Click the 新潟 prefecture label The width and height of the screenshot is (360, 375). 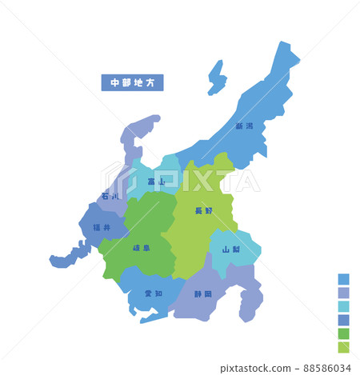244,126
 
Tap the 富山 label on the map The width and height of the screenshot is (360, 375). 156,182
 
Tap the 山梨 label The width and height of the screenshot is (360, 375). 230,249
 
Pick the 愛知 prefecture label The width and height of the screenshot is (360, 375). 153,293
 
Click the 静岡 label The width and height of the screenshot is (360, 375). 203,294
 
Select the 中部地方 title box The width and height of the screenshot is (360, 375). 132,82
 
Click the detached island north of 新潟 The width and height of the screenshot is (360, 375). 216,78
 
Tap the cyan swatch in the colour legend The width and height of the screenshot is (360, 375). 343,306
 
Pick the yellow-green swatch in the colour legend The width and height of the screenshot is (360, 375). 343,347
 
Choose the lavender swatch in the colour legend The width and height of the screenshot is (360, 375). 343,293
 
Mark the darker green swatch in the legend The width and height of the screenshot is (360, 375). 343,333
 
